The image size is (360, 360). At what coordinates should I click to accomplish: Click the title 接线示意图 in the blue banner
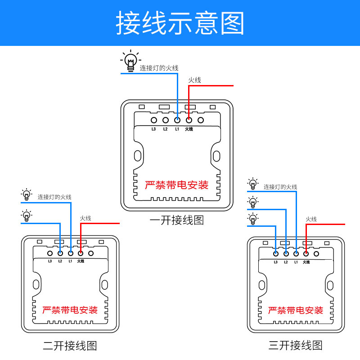coord(180,23)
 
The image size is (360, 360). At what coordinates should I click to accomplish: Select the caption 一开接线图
coord(177,220)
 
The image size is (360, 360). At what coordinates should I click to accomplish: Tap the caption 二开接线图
coord(70,346)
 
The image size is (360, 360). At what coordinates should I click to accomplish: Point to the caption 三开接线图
coord(296,346)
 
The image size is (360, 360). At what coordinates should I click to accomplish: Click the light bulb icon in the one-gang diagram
coord(130,61)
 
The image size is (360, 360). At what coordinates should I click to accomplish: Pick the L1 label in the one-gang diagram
coord(177,129)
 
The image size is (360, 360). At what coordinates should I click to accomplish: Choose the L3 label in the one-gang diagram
coord(153,129)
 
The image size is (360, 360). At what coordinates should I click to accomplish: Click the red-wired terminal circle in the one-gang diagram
coord(189,120)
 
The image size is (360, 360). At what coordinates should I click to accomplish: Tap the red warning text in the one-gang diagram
coord(177,185)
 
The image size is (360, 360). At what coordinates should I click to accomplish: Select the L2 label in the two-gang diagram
coord(60,261)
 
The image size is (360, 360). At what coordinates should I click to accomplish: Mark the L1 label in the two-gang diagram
coord(70,261)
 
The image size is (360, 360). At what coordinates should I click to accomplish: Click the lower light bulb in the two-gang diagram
coord(27,216)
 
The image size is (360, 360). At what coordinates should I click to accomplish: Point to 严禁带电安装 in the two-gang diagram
coord(70,310)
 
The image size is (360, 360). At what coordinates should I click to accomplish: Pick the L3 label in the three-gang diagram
coord(275,261)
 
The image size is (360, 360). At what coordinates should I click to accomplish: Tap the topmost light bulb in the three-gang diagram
coord(253,184)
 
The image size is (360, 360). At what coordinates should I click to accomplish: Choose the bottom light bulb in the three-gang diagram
coord(253,219)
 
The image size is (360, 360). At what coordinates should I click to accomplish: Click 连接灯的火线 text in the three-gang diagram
coord(280,187)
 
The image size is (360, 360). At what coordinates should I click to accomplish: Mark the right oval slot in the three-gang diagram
coord(330,284)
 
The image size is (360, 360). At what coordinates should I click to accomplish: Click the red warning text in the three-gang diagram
coord(296,310)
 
